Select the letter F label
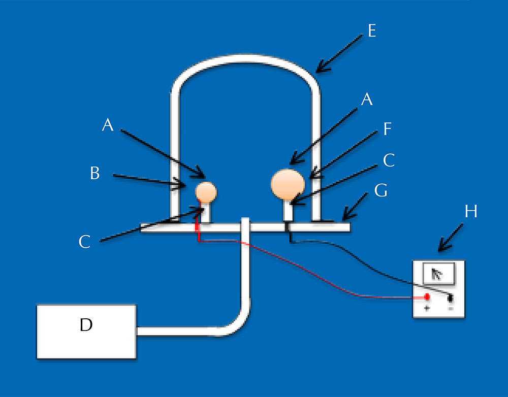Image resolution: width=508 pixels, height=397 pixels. point(388,129)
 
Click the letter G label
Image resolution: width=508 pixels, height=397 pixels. point(380,191)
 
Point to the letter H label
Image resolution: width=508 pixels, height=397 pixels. point(470,211)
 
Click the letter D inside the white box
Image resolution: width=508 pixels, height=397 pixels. point(86,325)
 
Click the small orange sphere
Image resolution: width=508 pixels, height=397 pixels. point(206,192)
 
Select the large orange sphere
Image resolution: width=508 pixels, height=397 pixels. point(289,183)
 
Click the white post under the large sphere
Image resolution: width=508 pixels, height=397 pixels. point(288,210)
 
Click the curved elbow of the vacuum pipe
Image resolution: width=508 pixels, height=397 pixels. point(239,322)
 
